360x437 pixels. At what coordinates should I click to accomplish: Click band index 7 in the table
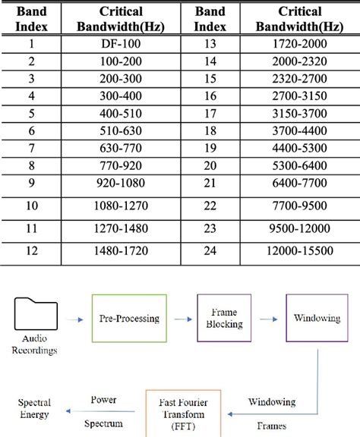[31, 147]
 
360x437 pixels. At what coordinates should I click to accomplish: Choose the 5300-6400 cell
[298, 165]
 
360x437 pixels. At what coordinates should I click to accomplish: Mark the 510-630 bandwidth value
[121, 130]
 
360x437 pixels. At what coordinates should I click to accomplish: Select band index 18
[210, 130]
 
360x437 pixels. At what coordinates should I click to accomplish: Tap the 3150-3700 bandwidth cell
[298, 112]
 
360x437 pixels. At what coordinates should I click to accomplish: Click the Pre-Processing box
[130, 319]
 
